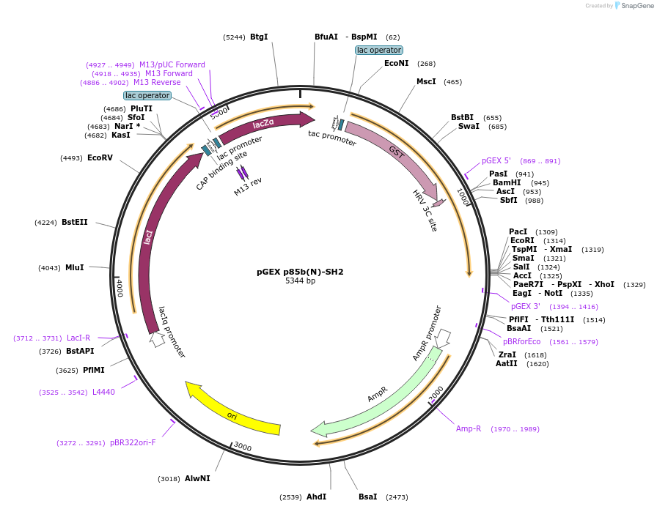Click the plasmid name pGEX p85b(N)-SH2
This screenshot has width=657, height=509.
click(300, 272)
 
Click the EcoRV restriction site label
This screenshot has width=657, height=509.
click(100, 157)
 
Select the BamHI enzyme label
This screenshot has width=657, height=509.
click(506, 183)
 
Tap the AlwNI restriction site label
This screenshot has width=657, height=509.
click(197, 478)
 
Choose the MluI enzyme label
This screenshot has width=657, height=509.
click(75, 268)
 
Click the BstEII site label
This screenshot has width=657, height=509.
click(75, 222)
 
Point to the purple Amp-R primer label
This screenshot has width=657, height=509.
click(469, 428)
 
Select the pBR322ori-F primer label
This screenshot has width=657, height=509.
click(133, 442)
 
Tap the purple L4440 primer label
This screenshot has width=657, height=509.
click(103, 392)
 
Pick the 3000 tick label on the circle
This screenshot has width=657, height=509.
click(242, 447)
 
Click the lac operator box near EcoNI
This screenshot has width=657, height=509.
click(379, 50)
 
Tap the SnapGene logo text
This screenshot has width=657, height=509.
click(634, 6)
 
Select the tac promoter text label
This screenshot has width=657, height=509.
click(332, 138)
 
